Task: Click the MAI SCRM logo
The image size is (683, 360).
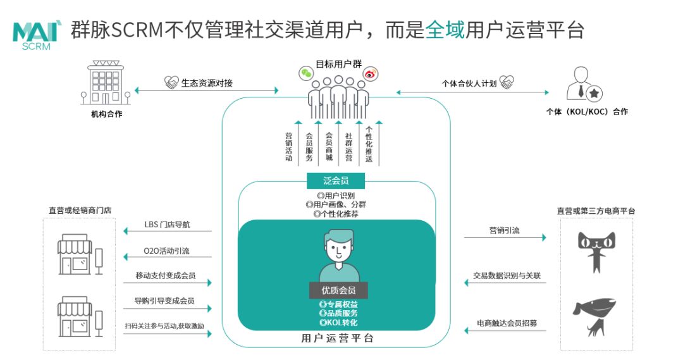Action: point(37,35)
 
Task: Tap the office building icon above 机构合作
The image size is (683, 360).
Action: point(106,82)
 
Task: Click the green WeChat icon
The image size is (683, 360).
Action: point(306,73)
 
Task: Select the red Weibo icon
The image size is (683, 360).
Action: point(370,74)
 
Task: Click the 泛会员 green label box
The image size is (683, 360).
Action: point(335,180)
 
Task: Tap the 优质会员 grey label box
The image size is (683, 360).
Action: point(338,290)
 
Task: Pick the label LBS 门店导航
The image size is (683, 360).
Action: point(167,225)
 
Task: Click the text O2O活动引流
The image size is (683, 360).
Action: point(166,251)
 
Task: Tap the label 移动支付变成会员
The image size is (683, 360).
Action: point(166,275)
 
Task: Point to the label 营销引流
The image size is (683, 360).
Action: point(505,230)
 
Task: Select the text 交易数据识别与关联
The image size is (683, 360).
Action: point(507,275)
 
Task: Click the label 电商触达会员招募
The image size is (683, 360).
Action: point(507,323)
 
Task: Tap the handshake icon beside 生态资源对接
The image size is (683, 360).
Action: point(171,82)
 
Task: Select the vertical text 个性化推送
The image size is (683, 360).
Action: point(369,144)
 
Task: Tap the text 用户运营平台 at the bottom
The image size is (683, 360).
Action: point(338,338)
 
